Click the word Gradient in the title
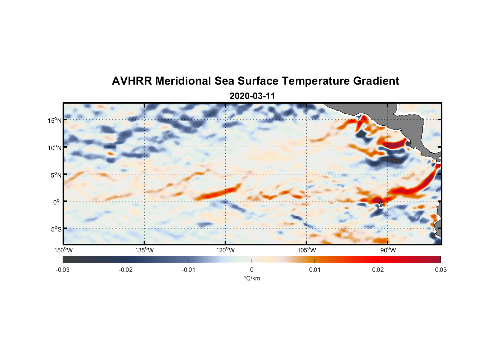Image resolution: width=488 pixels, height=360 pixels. click(376, 81)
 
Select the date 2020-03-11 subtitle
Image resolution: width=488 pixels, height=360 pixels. click(252, 96)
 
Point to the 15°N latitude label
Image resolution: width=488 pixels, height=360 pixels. click(55, 120)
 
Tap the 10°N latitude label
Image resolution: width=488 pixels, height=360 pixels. click(55, 148)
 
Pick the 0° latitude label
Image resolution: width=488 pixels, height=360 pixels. click(57, 202)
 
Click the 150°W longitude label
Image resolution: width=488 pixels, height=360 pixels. click(63, 250)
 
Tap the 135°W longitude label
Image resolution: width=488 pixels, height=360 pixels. click(145, 250)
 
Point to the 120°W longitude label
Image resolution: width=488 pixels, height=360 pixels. click(226, 250)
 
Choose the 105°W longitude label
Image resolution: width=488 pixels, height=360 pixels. click(307, 250)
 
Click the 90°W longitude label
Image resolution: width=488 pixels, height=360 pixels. click(388, 250)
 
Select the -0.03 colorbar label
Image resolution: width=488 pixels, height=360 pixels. click(63, 270)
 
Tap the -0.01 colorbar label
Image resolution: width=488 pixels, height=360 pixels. click(189, 270)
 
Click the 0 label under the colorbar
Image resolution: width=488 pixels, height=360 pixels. click(252, 270)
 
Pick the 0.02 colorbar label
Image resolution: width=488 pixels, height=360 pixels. click(378, 270)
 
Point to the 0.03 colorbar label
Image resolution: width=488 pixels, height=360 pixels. click(440, 270)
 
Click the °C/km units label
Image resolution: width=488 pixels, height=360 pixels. click(252, 278)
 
